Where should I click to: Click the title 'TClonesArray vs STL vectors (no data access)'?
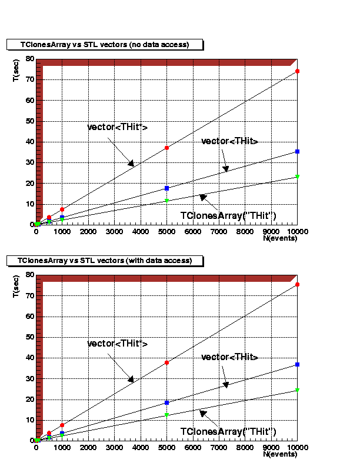pos(105,45)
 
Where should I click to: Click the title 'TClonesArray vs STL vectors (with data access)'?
pos(105,260)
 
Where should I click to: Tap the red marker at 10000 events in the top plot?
pos(298,71)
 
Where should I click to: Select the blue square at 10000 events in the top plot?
pos(298,152)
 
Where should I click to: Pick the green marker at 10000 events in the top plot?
pos(298,177)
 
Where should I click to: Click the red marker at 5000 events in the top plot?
pos(167,148)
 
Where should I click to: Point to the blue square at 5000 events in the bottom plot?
pos(167,402)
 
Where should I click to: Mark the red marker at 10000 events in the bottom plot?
pos(298,285)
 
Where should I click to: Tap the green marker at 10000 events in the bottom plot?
pos(298,390)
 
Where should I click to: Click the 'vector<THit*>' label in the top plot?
pos(117,128)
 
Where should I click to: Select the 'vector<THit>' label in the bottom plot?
pos(230,357)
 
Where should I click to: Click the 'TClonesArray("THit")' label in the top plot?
pos(228,216)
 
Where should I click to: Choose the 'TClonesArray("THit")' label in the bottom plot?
pos(228,432)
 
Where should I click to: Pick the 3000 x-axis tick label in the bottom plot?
pos(114,448)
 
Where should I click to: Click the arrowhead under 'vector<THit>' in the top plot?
pos(225,169)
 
